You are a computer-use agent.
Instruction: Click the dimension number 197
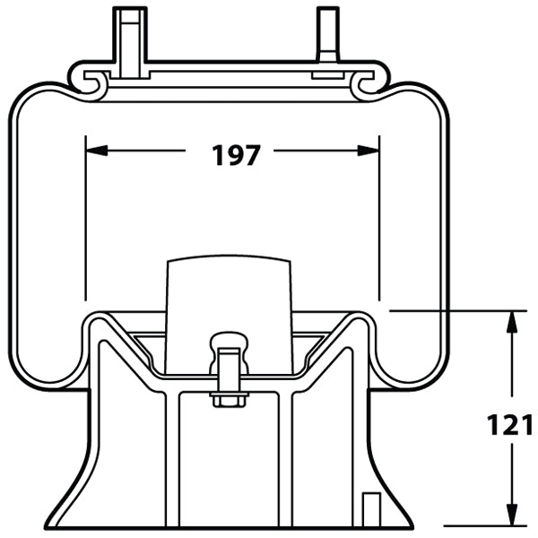pyautogui.click(x=237, y=154)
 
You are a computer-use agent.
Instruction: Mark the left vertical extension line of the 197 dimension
pyautogui.click(x=85, y=224)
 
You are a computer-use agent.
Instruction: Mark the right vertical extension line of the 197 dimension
pyautogui.click(x=380, y=224)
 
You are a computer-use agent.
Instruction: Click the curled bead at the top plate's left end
pyautogui.click(x=91, y=82)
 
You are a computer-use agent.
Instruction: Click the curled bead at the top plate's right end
pyautogui.click(x=368, y=82)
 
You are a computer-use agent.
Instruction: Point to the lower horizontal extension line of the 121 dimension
pyautogui.click(x=484, y=526)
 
